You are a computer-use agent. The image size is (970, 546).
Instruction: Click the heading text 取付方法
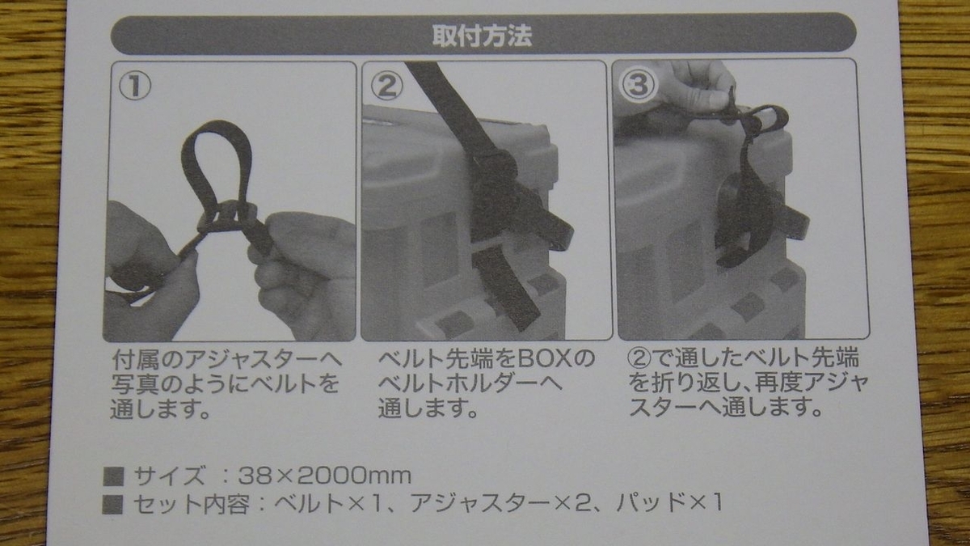482,35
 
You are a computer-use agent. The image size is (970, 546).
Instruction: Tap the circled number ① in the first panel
135,86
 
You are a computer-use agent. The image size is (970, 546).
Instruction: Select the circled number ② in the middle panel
386,86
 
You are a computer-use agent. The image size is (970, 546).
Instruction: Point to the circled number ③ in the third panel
638,84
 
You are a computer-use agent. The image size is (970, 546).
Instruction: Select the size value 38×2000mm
324,476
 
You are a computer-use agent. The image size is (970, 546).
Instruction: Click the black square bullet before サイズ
113,476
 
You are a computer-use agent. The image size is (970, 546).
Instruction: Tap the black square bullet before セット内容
112,504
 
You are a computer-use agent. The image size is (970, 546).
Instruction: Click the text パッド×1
669,502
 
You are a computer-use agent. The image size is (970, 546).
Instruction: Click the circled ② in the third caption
639,359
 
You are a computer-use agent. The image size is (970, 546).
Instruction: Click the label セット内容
192,503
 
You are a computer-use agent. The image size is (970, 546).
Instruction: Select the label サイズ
169,476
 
